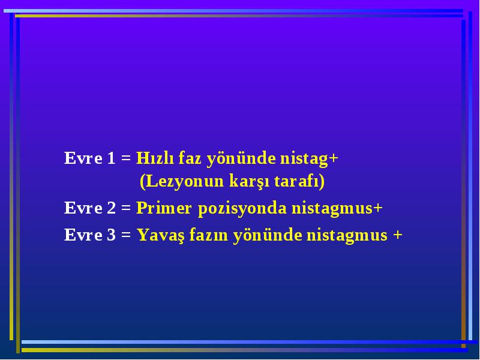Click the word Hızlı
click(155, 158)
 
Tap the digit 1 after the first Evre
click(111, 158)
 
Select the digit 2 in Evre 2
click(112, 208)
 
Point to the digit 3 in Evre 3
click(112, 235)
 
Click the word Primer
click(164, 208)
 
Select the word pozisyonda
click(242, 208)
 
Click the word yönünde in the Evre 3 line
click(268, 236)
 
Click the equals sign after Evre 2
click(126, 208)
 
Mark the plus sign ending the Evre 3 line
click(398, 235)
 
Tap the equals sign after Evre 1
click(126, 158)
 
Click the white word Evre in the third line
click(83, 235)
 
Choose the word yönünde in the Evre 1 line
click(241, 159)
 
